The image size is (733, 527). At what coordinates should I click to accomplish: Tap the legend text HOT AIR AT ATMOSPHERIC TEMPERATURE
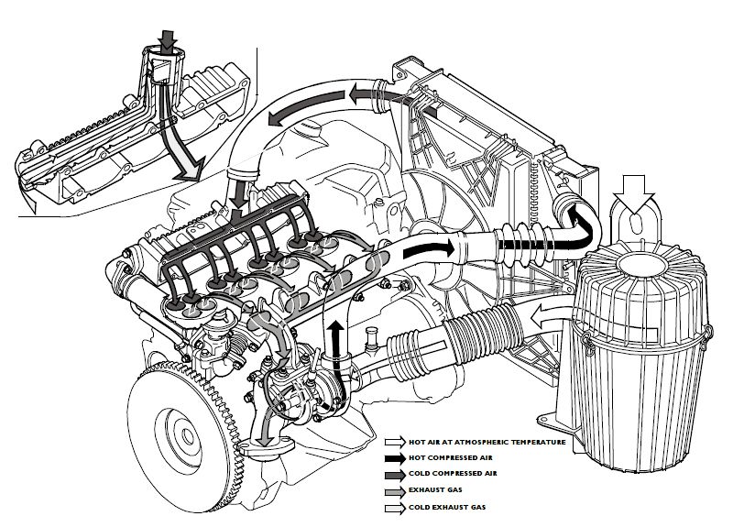coord(487,442)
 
